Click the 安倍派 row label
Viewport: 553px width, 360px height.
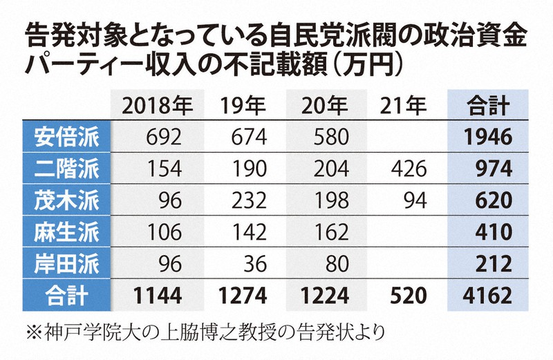tap(66, 137)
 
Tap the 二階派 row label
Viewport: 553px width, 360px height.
tap(66, 169)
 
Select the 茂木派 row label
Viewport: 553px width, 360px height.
tap(66, 200)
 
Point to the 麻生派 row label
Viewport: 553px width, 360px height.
tap(66, 232)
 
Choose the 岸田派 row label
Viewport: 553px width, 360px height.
tap(66, 264)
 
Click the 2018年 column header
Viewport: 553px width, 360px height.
tap(158, 105)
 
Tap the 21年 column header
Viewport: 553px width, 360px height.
tap(403, 105)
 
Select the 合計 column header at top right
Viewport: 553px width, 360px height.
tap(488, 105)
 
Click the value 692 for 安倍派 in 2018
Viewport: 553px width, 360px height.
tap(164, 137)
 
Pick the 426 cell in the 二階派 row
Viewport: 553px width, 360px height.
tap(409, 169)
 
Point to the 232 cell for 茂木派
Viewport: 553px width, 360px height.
tap(249, 200)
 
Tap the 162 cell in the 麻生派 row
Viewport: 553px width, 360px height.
tap(331, 232)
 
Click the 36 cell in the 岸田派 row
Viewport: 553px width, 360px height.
tap(255, 264)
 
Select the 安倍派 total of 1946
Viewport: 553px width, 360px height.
tap(488, 137)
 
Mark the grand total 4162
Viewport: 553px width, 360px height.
tap(488, 296)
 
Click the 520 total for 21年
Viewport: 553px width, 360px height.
tap(409, 296)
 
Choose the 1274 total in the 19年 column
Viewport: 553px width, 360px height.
tap(243, 296)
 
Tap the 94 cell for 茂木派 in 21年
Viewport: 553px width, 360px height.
tap(415, 200)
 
